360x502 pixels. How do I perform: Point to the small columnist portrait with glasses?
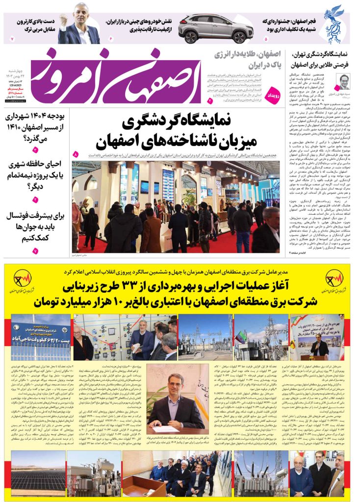344,81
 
